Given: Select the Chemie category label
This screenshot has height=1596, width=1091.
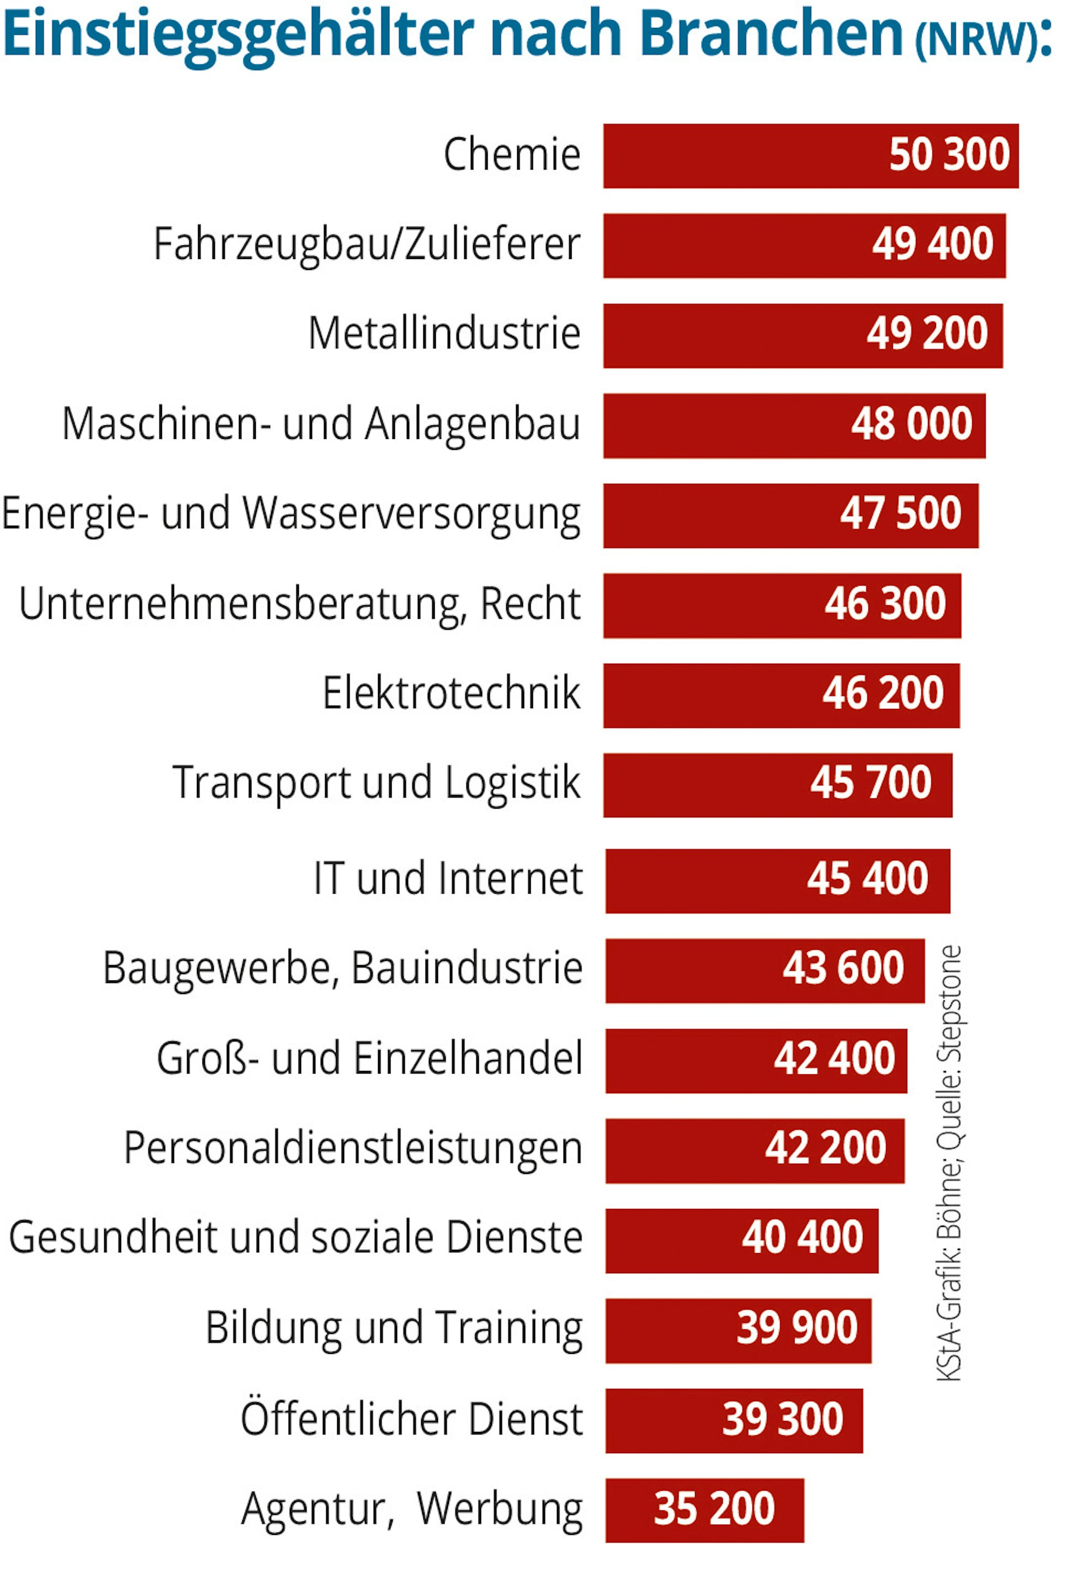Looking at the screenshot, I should point(512,154).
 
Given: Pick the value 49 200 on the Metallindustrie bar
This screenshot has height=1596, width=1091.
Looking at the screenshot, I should point(927,334).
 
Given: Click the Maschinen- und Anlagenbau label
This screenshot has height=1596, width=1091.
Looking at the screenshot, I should point(321,424).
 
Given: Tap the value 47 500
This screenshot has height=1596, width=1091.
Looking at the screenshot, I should point(900,514).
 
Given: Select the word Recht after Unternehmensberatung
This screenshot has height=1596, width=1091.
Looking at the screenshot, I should point(530,604).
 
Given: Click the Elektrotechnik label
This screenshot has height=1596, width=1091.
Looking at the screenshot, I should point(451,694).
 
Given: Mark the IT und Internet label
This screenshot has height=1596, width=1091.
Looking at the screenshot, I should point(448,879).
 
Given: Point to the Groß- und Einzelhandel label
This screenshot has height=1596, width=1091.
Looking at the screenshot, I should point(370,1059).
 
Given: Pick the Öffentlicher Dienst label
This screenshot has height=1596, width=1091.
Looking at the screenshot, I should point(411,1419).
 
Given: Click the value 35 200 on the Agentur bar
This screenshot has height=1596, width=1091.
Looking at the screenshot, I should point(714,1509).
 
